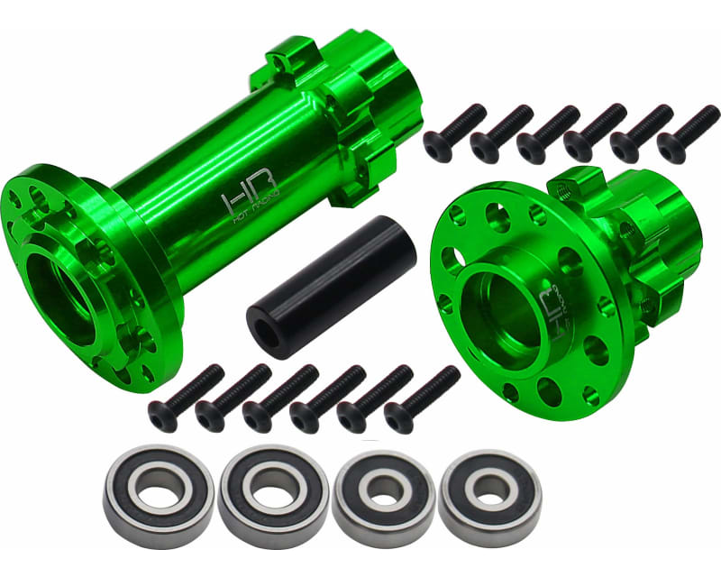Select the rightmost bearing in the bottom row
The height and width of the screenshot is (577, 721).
[x=490, y=491]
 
